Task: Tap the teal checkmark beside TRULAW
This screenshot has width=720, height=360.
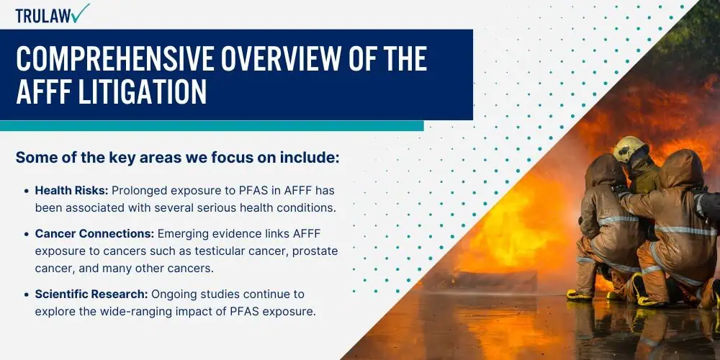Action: (x=81, y=12)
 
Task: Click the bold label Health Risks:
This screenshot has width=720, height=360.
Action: (x=72, y=190)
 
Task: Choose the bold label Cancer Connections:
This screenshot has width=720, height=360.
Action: (x=94, y=234)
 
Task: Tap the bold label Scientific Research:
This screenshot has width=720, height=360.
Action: (x=92, y=294)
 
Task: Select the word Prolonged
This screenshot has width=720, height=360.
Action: (x=138, y=191)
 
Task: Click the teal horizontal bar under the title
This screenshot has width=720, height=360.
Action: (x=212, y=126)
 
